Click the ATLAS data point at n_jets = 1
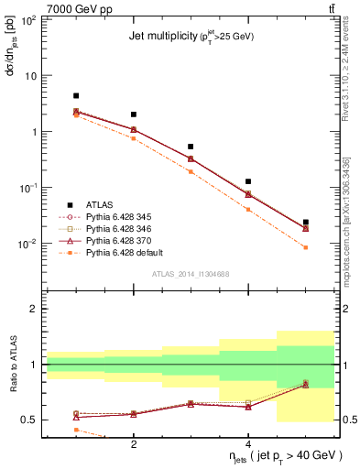(x=76, y=95)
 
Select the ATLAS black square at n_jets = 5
(x=306, y=222)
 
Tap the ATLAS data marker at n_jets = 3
(x=191, y=147)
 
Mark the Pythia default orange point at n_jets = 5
(x=306, y=247)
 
